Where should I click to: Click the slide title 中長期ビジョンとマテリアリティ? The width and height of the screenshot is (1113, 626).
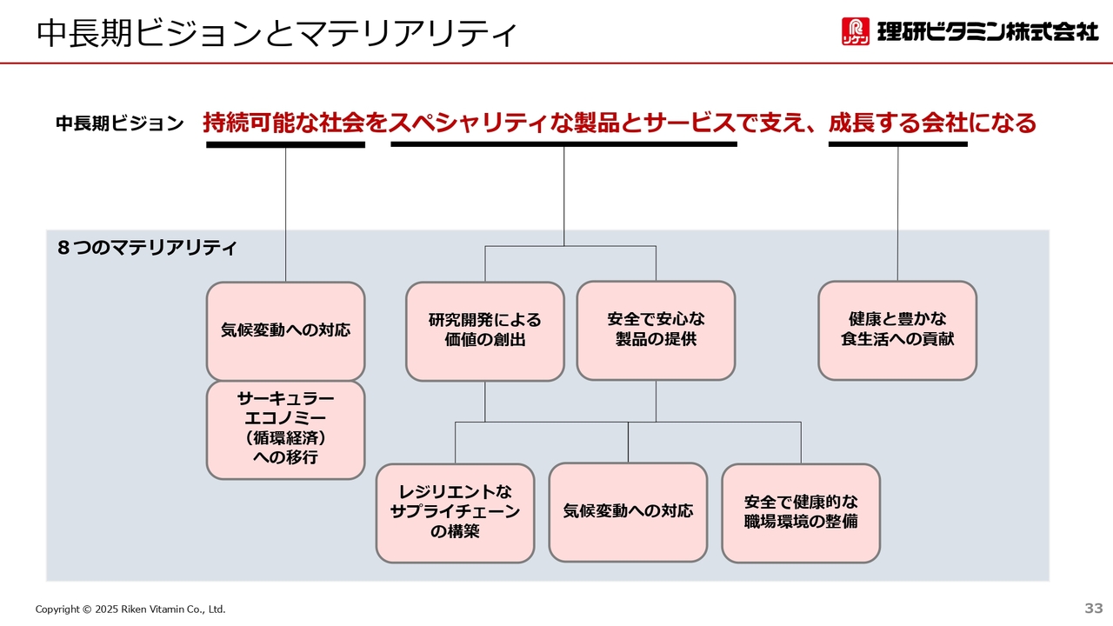[277, 33]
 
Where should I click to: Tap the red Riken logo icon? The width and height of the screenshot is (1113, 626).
[856, 31]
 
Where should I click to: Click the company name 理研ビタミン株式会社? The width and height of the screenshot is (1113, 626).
[988, 31]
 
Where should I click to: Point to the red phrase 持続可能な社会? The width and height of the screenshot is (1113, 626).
[284, 123]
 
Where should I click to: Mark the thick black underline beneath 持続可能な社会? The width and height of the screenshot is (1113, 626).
[286, 144]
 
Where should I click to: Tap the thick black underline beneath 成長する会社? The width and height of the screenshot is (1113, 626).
[898, 144]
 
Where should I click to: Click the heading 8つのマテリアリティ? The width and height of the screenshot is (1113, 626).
[147, 248]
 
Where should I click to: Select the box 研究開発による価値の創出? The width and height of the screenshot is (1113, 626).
[485, 331]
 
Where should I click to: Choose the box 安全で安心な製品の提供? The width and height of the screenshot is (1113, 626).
[656, 330]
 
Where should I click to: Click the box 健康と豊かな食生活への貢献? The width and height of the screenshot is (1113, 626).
[897, 330]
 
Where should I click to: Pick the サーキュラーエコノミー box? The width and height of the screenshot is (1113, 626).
[286, 430]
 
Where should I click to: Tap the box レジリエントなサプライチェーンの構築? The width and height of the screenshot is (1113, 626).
[455, 513]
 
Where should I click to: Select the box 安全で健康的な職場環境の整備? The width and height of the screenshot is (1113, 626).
[801, 513]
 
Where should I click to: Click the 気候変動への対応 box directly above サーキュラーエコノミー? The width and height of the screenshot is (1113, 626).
[286, 331]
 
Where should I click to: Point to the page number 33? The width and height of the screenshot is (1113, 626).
[1094, 608]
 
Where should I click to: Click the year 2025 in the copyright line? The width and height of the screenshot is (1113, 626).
[106, 609]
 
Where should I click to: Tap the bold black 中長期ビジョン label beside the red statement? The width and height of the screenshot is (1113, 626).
[120, 123]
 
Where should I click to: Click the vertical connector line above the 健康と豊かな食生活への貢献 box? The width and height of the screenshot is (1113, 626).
[897, 214]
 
